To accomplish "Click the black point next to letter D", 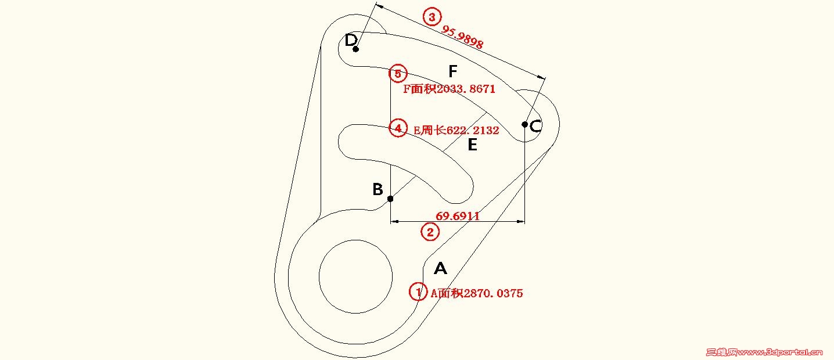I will [356, 49].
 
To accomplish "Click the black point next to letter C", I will [524, 124].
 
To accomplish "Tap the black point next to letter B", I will [390, 199].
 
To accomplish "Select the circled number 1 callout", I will [418, 292].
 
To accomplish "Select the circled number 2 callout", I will [430, 232].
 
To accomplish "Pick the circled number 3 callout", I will [431, 17].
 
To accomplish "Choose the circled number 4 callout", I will [398, 128].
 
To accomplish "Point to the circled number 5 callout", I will [398, 74].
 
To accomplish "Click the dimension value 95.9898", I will [463, 37].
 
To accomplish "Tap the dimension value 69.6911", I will [458, 216].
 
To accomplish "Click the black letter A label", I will [440, 268].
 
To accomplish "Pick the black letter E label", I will [472, 145].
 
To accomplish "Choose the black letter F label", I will [454, 71].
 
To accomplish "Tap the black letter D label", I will [351, 40].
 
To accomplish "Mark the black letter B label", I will [378, 189].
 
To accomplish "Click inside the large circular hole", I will [355, 276].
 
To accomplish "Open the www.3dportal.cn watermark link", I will [772, 352].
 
